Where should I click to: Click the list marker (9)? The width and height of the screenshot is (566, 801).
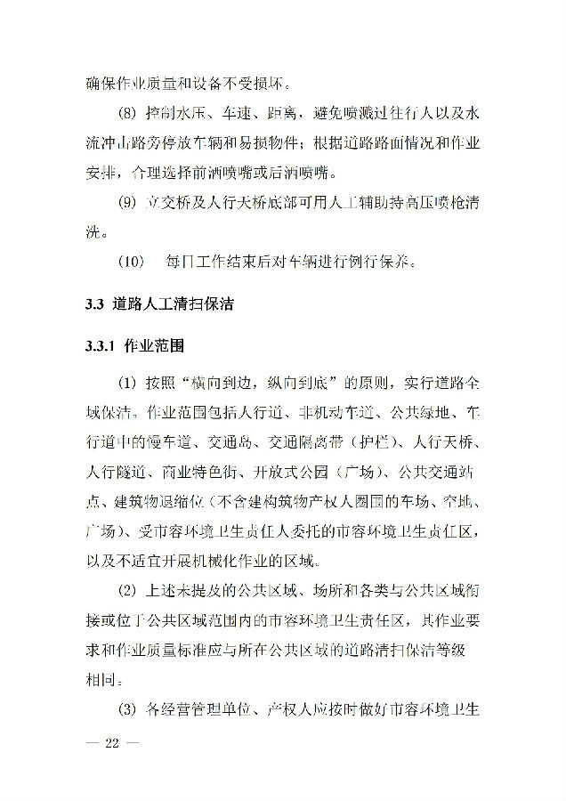pos(129,205)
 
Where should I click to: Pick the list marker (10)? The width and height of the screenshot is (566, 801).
pos(131,263)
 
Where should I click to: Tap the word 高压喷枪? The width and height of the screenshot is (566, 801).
pos(419,205)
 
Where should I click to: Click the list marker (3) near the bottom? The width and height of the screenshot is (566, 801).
pos(129,709)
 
